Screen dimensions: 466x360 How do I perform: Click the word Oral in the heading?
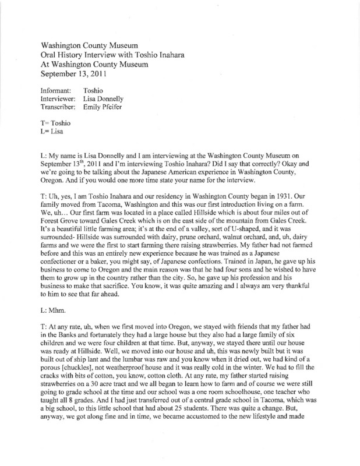point(51,55)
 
